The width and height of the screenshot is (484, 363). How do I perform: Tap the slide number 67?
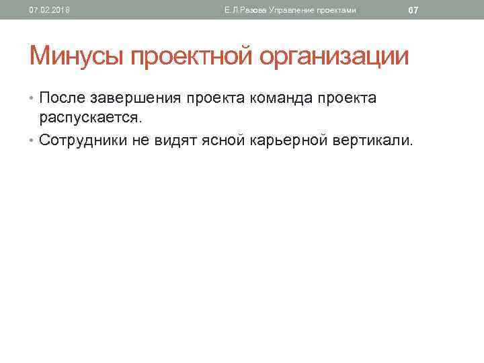(413, 10)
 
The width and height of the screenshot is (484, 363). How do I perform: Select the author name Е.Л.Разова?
(246, 10)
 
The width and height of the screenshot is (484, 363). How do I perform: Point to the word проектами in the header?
(334, 10)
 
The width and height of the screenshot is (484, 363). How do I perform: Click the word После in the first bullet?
(63, 99)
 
